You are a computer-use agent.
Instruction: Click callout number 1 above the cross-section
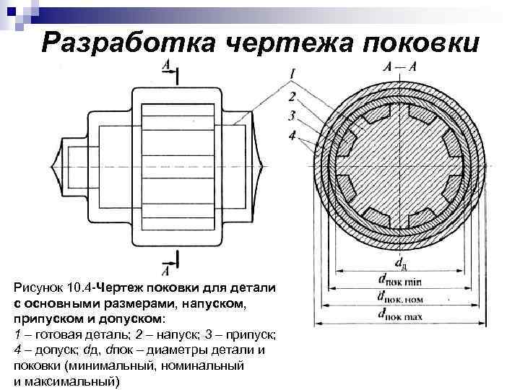point(293,73)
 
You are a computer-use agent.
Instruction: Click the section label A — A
point(400,67)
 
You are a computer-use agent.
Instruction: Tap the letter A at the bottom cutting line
point(165,271)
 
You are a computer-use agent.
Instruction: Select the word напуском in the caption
point(219,303)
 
